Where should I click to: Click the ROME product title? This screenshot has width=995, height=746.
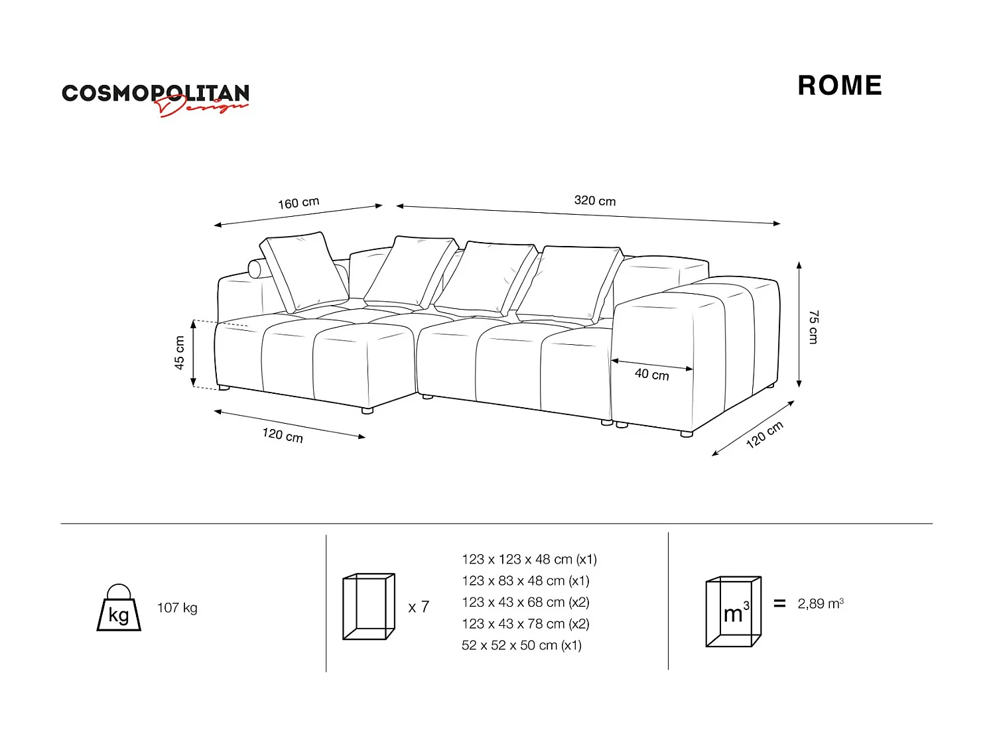[x=839, y=86]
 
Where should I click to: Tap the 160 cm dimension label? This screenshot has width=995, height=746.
[x=298, y=203]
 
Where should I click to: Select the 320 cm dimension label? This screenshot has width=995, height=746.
[x=594, y=201]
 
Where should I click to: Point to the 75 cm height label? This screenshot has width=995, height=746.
[x=813, y=326]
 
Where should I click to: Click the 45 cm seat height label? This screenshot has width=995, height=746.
[x=179, y=353]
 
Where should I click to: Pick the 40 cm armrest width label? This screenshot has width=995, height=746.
[x=651, y=375]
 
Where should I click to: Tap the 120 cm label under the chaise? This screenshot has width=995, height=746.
[x=283, y=435]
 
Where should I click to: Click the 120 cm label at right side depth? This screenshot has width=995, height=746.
[x=764, y=434]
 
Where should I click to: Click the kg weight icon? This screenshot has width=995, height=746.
[x=119, y=608]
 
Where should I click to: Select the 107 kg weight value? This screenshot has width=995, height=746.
[x=177, y=608]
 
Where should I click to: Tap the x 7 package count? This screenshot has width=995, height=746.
[x=419, y=607]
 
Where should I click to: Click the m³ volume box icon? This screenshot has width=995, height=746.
[x=733, y=611]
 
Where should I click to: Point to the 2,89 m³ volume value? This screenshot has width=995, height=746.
[x=821, y=603]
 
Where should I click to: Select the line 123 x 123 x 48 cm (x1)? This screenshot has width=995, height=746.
[x=529, y=560]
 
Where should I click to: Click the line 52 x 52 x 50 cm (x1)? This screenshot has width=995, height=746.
[x=521, y=645]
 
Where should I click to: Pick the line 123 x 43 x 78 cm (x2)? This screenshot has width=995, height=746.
[x=525, y=624]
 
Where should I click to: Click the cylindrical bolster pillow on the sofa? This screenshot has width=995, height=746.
[x=255, y=269]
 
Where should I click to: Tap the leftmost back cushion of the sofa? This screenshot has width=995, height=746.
[x=304, y=272]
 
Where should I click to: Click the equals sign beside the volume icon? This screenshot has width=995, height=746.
[x=779, y=603]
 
